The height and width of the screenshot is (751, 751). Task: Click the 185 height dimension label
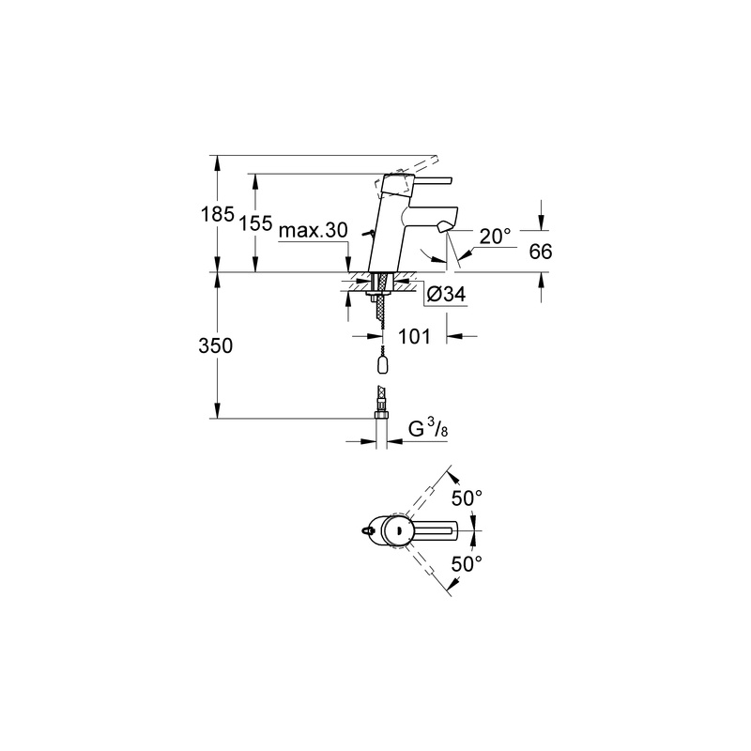pyautogui.click(x=218, y=214)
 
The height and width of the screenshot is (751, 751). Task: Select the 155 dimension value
pyautogui.click(x=255, y=223)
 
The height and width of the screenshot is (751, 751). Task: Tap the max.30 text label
pyautogui.click(x=314, y=231)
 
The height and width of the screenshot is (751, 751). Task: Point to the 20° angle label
pyautogui.click(x=496, y=237)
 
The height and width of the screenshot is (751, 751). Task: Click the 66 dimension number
pyautogui.click(x=541, y=252)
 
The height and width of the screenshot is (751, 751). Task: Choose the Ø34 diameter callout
pyautogui.click(x=446, y=294)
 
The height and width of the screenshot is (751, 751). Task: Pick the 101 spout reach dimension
pyautogui.click(x=414, y=336)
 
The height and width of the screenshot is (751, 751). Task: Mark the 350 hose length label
pyautogui.click(x=216, y=345)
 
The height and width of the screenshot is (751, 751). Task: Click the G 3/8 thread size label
pyautogui.click(x=428, y=429)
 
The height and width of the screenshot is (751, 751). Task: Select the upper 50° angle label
pyautogui.click(x=467, y=498)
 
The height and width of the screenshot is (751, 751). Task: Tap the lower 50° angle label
pyautogui.click(x=467, y=564)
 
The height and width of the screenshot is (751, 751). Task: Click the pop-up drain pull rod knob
pyautogui.click(x=366, y=233)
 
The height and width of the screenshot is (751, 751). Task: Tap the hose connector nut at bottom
pyautogui.click(x=381, y=413)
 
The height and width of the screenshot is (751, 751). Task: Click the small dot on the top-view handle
pyautogui.click(x=397, y=530)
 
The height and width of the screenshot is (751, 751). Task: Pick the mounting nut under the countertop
pyautogui.click(x=381, y=293)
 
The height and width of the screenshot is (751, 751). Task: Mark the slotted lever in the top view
pyautogui.click(x=434, y=530)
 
